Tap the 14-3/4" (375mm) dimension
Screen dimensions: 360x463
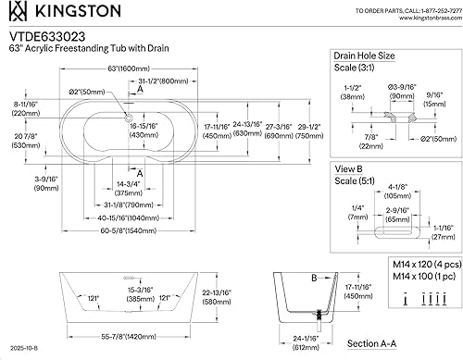click(x=127, y=188)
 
